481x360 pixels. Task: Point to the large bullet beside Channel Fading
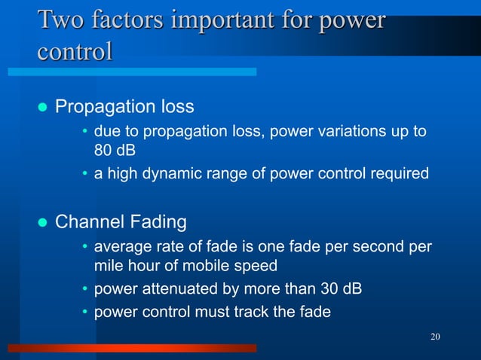point(42,223)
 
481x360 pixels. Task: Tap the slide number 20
point(435,336)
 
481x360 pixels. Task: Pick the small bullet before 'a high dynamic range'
point(85,175)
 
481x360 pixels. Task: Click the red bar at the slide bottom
point(132,349)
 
